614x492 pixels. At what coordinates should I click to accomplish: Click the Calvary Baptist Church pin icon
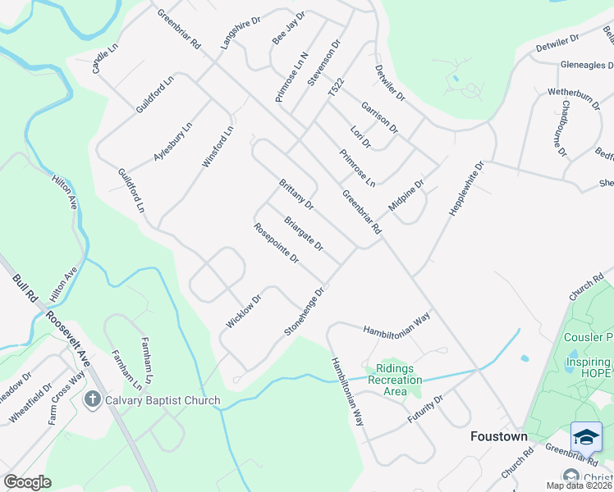point(93,399)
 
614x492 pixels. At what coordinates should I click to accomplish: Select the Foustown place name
point(499,436)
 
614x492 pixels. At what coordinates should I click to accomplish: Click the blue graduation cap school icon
point(586,437)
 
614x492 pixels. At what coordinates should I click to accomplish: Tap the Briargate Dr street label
point(304,234)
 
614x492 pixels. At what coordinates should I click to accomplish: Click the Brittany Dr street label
point(296,194)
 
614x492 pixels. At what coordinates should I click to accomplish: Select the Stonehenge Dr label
point(305,311)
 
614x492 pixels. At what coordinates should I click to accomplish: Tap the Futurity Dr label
point(425,408)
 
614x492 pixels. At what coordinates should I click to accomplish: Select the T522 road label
point(334,90)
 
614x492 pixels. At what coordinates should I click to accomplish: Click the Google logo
point(27,482)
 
